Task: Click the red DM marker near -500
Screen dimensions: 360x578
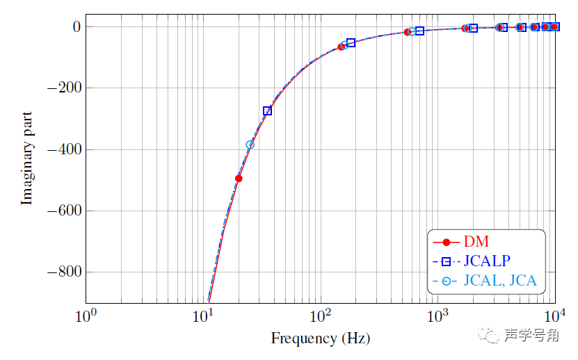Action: tap(239, 179)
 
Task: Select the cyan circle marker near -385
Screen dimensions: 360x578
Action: tap(250, 145)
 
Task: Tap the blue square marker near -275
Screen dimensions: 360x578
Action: tap(267, 111)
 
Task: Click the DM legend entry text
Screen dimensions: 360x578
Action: tap(476, 242)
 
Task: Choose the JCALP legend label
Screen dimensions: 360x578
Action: tap(487, 261)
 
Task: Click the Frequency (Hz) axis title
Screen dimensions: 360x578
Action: tap(320, 338)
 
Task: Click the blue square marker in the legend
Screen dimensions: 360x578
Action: tap(447, 262)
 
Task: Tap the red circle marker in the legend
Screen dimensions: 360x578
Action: tap(447, 243)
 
